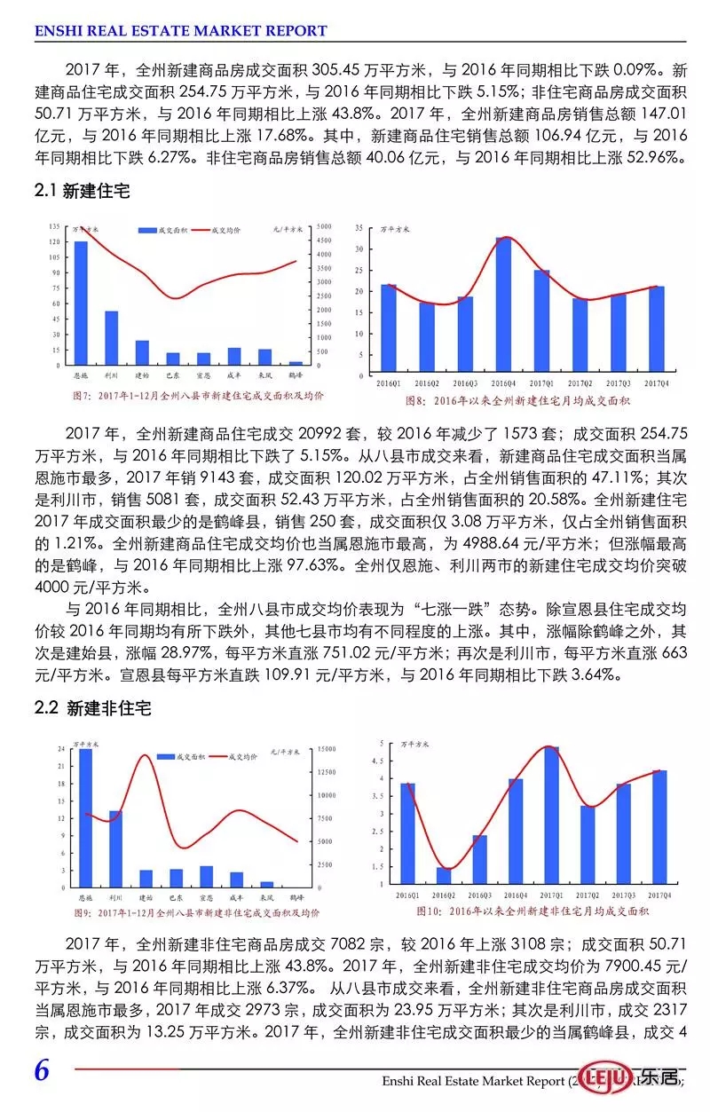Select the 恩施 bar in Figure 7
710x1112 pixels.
pos(81,303)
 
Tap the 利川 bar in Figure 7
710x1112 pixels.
pos(112,338)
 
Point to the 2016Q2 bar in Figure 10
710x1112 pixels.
pos(444,876)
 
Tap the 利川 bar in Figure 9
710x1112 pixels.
pos(116,848)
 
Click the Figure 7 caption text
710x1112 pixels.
pos(199,396)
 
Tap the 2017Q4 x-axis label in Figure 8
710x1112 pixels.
pos(657,382)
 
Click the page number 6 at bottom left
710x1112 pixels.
pos(42,1070)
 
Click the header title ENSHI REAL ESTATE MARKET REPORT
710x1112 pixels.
pos(181,31)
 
